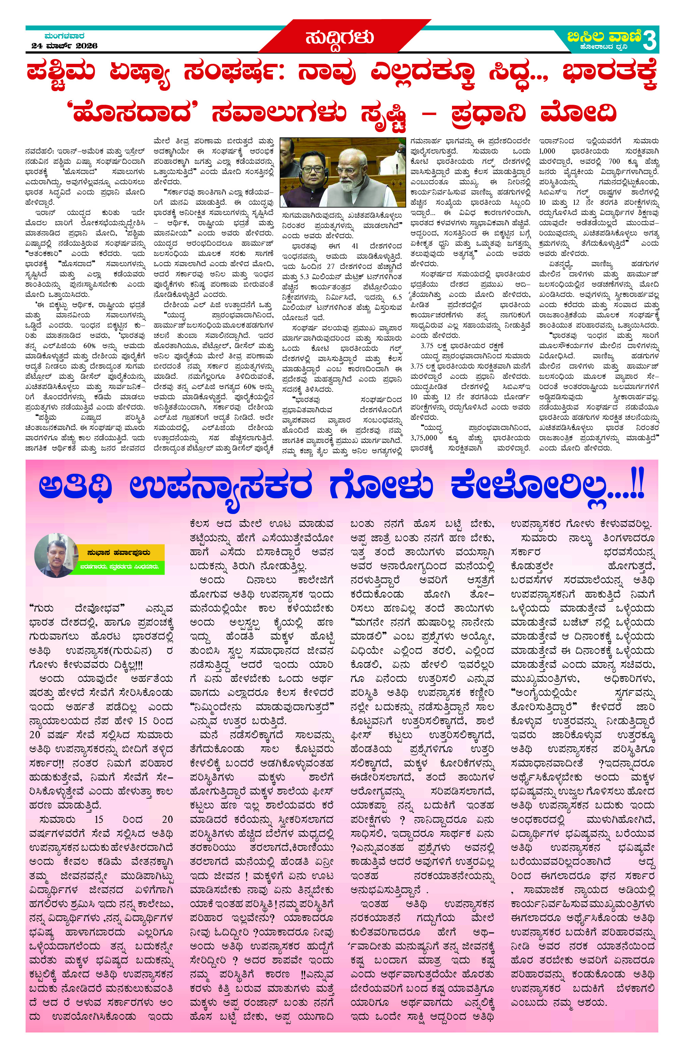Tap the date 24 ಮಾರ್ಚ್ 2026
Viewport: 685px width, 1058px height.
click(64, 46)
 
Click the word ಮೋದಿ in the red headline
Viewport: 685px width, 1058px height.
click(578, 113)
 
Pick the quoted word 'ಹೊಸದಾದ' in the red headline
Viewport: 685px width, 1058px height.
click(131, 113)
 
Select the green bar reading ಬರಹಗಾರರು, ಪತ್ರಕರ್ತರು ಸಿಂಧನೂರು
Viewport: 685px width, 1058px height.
click(121, 567)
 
